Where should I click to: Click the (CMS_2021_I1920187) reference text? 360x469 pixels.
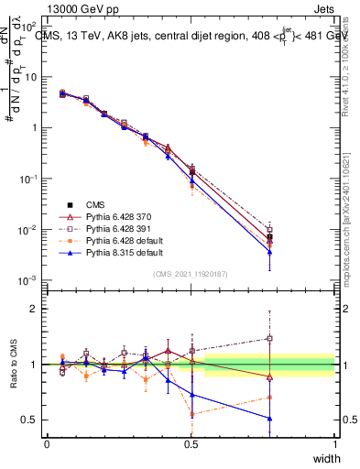tap(191, 273)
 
